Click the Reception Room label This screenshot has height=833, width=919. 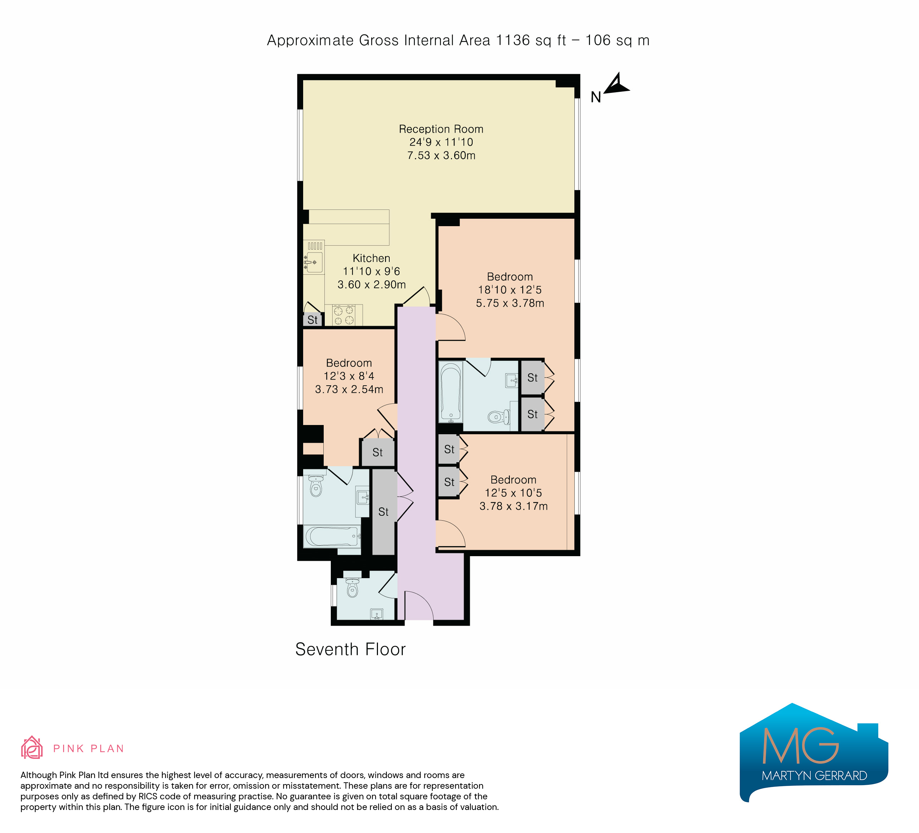coord(441,129)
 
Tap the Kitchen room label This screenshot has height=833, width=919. coord(371,258)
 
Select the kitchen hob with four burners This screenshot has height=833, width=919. coord(344,315)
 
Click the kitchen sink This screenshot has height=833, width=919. coord(314,262)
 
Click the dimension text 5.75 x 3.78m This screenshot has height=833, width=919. coord(510,303)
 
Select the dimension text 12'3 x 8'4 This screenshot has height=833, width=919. coord(349,376)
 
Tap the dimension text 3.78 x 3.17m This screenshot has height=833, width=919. coord(513,506)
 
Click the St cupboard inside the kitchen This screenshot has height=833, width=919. coord(312,320)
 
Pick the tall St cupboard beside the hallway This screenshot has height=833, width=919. coord(383,512)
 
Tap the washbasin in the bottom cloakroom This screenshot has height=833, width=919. coord(377,614)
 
